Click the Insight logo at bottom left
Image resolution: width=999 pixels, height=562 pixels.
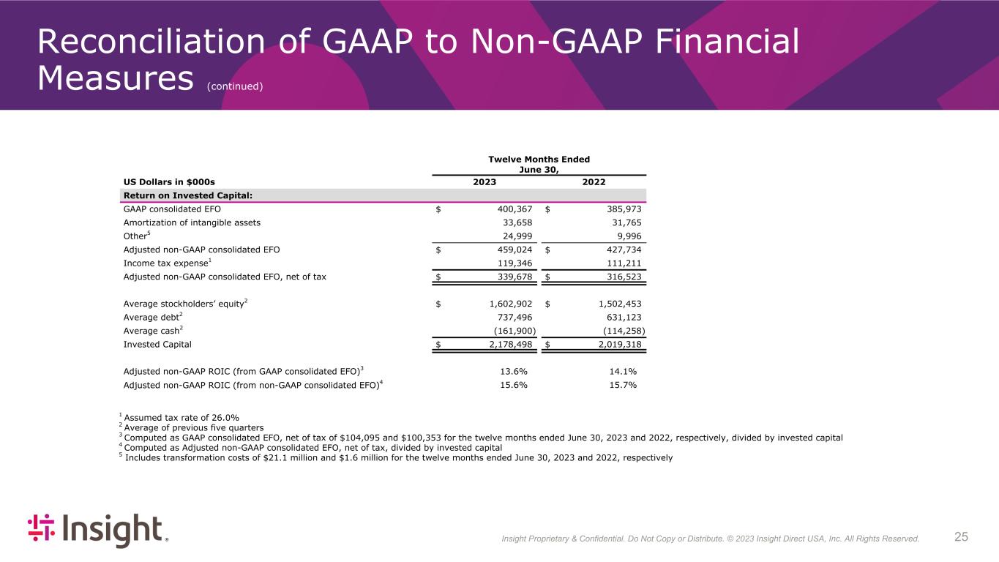click(x=97, y=531)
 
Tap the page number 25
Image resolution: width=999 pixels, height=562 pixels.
click(x=961, y=537)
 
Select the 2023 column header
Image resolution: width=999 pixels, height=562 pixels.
click(x=484, y=182)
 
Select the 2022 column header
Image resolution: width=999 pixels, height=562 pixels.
click(x=594, y=182)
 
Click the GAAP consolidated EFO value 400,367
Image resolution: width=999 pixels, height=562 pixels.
click(x=511, y=209)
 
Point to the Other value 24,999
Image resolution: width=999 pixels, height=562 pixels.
click(x=516, y=236)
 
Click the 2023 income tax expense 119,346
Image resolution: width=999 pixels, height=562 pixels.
click(x=513, y=263)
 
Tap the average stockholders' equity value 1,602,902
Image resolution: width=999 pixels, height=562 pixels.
click(x=506, y=303)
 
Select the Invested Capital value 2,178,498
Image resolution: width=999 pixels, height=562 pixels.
click(x=506, y=343)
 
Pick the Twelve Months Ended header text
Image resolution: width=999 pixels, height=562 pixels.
click(x=539, y=159)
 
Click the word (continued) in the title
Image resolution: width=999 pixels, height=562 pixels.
click(x=235, y=86)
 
